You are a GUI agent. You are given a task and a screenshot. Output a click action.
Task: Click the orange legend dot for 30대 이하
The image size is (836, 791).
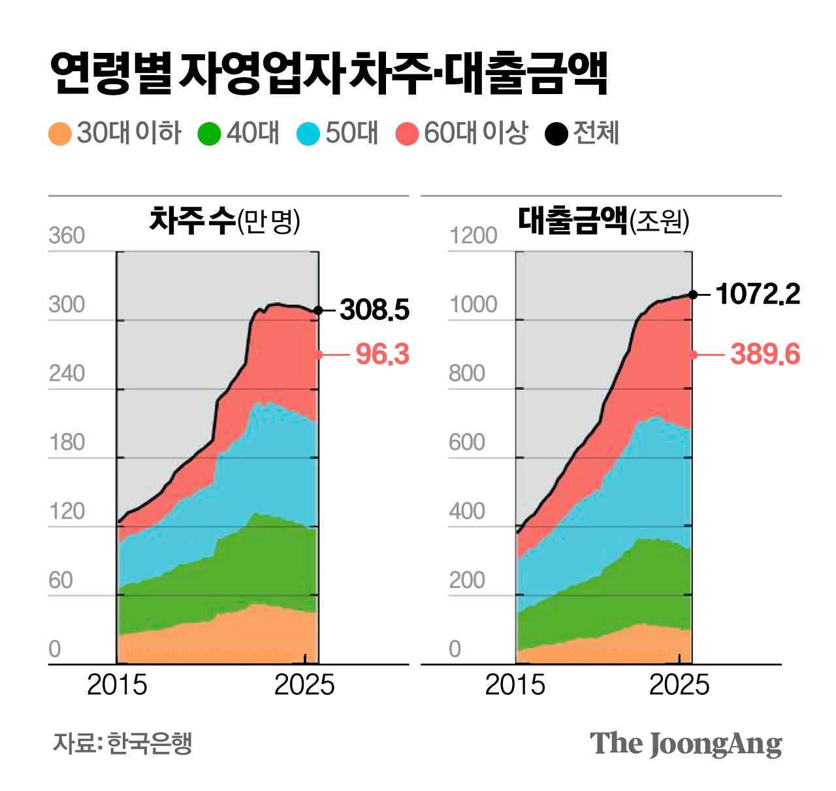[59, 134]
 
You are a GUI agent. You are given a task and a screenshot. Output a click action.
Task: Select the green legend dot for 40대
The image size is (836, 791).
[209, 134]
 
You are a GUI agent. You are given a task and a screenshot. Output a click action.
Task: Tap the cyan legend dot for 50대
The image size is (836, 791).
[308, 134]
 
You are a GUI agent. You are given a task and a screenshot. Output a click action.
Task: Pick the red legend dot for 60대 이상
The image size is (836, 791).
[407, 134]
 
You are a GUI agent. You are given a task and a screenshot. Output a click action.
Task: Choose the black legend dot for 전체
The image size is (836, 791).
[556, 134]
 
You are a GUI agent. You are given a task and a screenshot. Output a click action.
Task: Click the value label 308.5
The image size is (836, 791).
[374, 310]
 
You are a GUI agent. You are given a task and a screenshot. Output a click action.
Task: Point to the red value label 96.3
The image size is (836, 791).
[382, 355]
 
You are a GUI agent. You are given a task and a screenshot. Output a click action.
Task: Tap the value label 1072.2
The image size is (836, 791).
[758, 295]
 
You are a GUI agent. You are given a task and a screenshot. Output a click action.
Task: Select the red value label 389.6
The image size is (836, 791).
[765, 355]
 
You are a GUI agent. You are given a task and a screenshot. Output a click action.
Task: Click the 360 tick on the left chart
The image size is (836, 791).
[67, 236]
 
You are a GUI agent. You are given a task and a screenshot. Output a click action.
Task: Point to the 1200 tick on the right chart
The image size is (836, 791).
[473, 236]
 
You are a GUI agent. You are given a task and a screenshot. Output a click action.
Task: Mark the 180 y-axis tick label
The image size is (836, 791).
[67, 443]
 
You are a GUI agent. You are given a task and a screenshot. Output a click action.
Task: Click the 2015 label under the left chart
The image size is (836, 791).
[117, 685]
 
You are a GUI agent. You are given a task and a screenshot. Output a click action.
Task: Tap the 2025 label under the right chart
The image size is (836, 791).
[679, 685]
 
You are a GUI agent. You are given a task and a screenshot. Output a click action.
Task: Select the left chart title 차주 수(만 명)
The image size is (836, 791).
[225, 221]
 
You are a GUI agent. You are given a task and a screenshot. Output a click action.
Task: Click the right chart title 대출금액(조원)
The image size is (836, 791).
[603, 221]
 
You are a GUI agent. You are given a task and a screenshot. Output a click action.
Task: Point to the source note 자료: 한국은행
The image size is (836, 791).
[122, 743]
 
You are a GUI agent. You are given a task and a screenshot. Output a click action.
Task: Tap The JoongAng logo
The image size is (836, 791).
[685, 744]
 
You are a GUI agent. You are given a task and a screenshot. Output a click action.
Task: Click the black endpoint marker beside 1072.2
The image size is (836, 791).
[692, 295]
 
